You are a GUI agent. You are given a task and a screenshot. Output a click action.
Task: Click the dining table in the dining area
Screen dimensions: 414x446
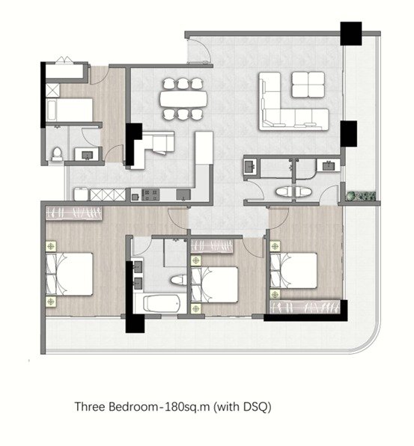pos(183,99)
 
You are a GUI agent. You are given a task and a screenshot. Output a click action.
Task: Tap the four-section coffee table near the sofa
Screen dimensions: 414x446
pos(308,85)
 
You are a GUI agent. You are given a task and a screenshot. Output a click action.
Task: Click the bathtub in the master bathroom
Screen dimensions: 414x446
pos(162,304)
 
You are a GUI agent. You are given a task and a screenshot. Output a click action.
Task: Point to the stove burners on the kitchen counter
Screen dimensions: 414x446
pos(150,195)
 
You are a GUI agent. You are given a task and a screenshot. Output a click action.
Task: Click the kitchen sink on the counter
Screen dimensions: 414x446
pos(183,195)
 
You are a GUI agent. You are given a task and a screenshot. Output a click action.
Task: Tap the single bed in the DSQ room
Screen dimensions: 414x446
pos(70,110)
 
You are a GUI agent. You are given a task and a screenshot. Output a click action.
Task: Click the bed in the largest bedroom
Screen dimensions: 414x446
pos(70,274)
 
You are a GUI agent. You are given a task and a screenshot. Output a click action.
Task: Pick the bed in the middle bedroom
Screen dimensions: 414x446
pos(214,284)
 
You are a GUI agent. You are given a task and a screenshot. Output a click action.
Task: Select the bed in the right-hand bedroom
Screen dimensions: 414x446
pos(293,270)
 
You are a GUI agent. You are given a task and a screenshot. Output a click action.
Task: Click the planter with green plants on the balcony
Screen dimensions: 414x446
pos(361,196)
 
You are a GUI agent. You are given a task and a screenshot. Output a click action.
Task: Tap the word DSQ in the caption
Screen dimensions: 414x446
pos(255,406)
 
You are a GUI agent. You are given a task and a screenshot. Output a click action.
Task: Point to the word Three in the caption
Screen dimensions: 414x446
pos(90,406)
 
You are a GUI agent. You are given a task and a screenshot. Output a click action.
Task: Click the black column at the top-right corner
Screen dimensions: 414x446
pos(351,34)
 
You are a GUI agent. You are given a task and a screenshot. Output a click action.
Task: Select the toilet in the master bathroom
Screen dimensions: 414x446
pos(178,280)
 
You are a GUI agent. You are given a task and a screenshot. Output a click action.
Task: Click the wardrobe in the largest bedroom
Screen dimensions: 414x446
pos(74,213)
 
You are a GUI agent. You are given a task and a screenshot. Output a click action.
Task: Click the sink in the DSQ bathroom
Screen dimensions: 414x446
pos(87,155)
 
